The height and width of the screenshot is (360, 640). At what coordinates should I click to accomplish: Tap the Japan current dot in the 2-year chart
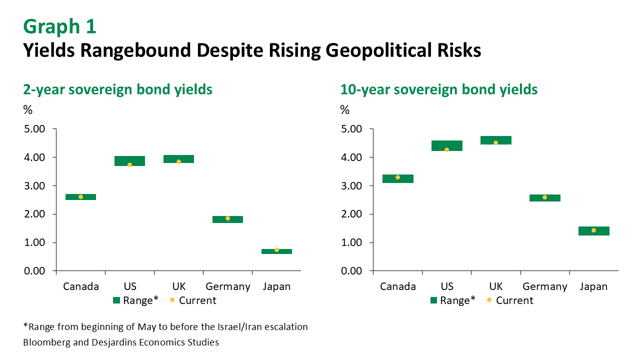[276, 249]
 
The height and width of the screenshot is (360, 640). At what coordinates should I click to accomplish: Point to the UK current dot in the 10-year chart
[495, 142]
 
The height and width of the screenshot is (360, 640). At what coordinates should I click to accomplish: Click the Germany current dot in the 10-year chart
[544, 197]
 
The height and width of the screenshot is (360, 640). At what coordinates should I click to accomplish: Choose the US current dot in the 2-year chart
[129, 164]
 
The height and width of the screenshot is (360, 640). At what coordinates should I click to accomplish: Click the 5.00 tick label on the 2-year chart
[35, 129]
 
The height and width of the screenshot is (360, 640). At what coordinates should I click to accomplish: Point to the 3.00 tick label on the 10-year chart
[352, 186]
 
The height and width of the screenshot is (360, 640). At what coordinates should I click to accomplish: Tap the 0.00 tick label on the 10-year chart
[352, 271]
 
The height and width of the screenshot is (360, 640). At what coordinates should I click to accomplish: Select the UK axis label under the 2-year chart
[178, 286]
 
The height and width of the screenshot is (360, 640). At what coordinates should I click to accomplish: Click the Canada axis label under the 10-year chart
[398, 286]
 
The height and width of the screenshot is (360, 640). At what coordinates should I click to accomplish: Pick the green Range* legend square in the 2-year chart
[116, 300]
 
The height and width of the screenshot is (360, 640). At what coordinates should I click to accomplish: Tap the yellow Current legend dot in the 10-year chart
[489, 300]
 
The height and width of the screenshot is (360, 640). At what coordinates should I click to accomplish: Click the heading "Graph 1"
[59, 26]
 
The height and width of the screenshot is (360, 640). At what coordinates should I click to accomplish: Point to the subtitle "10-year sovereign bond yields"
[439, 89]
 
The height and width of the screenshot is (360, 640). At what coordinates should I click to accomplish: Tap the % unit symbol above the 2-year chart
[28, 110]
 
